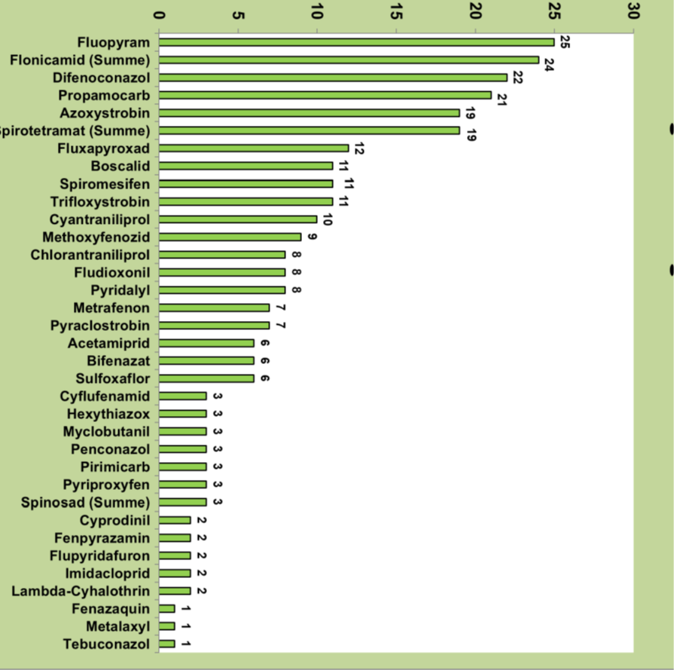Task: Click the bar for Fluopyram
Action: click(356, 42)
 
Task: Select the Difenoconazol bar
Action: click(333, 78)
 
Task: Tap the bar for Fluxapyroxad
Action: click(254, 148)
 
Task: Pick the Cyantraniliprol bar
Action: click(238, 219)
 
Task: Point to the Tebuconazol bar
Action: click(167, 644)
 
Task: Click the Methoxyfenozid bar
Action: click(230, 237)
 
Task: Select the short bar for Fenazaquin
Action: click(167, 608)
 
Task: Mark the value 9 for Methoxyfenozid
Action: click(312, 237)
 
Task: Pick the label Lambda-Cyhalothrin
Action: click(81, 591)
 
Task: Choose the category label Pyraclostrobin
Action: click(100, 326)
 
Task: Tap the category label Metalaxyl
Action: click(117, 626)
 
